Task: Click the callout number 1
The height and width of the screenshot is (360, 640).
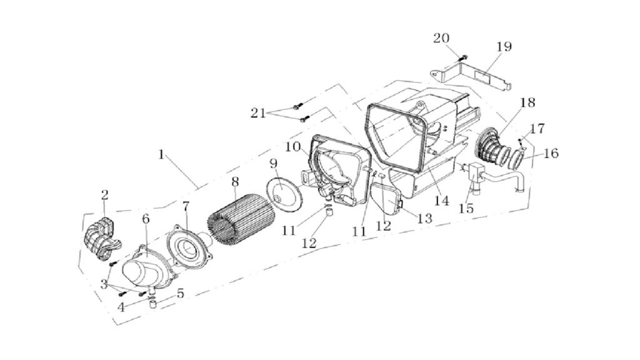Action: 161,155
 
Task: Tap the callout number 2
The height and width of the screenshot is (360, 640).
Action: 104,195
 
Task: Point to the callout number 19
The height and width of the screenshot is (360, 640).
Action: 504,46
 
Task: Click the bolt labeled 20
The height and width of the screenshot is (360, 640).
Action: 464,58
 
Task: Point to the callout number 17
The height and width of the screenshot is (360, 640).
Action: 537,129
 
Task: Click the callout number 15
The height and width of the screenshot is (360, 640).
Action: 466,208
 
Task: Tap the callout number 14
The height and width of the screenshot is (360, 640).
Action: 441,201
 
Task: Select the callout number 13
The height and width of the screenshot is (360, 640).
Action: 424,218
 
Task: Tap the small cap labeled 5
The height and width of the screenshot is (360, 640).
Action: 153,304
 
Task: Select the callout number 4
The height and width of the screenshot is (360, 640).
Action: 121,307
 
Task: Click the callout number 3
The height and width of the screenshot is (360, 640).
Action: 104,284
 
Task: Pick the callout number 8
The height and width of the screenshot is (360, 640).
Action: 235,182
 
